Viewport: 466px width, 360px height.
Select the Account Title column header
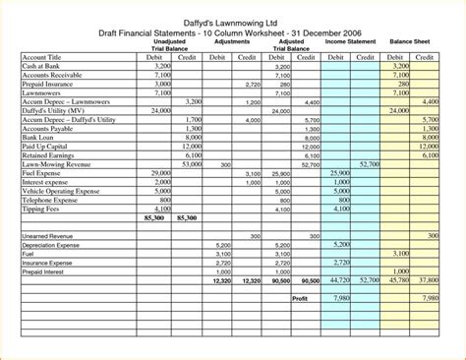click(41, 58)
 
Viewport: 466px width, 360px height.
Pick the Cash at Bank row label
click(42, 66)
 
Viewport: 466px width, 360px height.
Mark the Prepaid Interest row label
click(48, 271)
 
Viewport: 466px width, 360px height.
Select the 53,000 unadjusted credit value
click(192, 164)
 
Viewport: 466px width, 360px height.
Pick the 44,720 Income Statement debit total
click(339, 280)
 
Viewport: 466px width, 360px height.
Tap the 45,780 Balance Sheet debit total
click(398, 280)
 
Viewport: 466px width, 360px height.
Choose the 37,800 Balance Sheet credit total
click(428, 280)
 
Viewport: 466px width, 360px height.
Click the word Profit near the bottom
click(301, 298)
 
